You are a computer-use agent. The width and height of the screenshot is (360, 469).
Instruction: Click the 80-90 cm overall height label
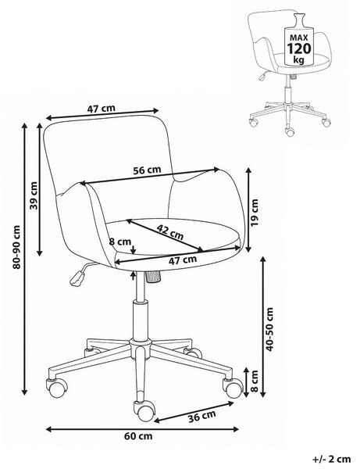coord(16,247)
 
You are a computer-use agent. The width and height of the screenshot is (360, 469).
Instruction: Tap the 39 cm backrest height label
coord(34,195)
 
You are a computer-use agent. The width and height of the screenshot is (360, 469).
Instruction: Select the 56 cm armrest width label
coord(147,170)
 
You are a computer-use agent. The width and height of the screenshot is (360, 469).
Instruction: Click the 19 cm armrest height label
coord(255,213)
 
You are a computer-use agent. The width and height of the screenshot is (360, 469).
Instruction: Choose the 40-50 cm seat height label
coord(269,329)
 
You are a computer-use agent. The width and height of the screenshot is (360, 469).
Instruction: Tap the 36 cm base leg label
coord(201,417)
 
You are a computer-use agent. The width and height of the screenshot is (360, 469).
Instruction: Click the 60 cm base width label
coord(138,436)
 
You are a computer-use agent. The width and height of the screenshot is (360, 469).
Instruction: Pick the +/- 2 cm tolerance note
coord(332,459)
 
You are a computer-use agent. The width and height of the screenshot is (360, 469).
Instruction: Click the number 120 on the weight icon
coord(299,48)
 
